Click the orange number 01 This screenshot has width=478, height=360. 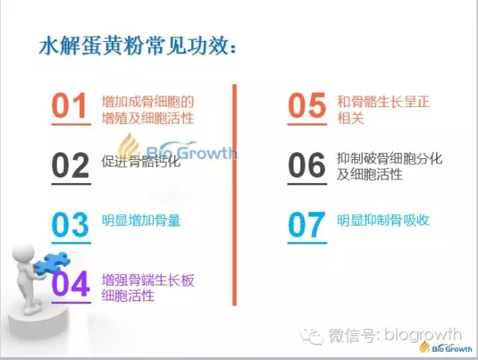click(69, 105)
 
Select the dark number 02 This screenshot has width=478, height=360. click(70, 165)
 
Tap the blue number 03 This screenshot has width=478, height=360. click(70, 225)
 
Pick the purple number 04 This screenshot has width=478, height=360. click(71, 284)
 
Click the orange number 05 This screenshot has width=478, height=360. click(307, 105)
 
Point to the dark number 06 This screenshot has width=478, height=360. click(307, 165)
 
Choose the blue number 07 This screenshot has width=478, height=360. click(306, 225)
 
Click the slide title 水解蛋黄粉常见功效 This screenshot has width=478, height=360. click(137, 46)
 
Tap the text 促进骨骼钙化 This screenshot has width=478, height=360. click(141, 161)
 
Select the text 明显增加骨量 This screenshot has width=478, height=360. click(141, 220)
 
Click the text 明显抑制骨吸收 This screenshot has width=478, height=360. click(383, 220)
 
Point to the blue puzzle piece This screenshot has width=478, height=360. click(52, 263)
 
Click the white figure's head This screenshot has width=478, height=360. click(23, 254)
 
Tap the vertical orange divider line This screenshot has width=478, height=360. click(235, 195)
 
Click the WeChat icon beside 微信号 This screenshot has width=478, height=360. click(311, 336)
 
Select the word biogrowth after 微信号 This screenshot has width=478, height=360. click(423, 335)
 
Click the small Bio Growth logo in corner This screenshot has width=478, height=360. click(446, 347)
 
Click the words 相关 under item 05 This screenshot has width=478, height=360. click(350, 118)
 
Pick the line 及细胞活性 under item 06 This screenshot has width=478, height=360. click(370, 174)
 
